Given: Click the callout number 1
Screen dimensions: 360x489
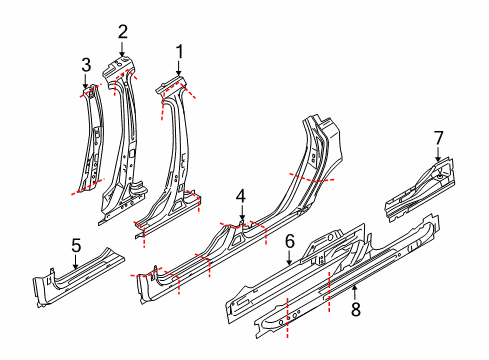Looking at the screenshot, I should pos(179,50).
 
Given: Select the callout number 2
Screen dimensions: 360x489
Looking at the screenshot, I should pos(122,31).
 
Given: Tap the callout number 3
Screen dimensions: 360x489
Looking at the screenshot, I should pos(86,65).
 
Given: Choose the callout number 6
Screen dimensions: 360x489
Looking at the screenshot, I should pos(289,241).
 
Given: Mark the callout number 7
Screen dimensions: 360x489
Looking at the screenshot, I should pos(437,136).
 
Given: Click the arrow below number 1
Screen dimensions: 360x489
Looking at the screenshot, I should pos(179,67).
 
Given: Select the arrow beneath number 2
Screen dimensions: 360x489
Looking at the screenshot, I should pos(122,48).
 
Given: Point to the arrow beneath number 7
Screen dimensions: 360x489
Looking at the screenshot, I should pos(437,154).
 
